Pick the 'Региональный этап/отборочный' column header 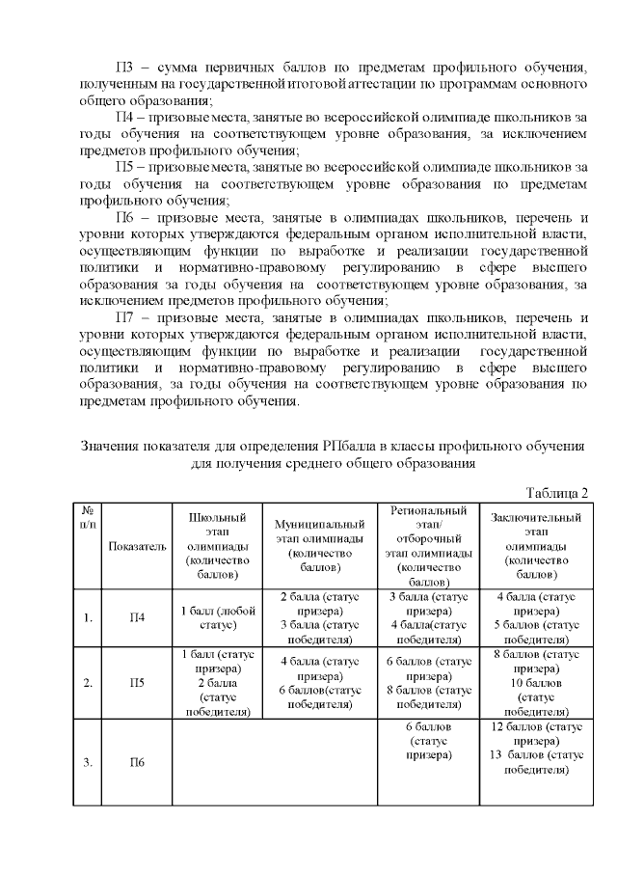(429, 546)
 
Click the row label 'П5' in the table (137, 683)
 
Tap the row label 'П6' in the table (137, 762)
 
